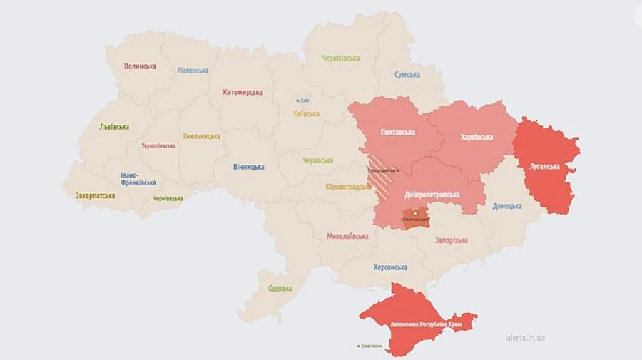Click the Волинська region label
140,66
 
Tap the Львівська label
114,126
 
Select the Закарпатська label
95,195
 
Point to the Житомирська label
242,92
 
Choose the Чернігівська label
340,58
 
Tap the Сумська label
407,74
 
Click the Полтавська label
400,133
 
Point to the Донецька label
506,206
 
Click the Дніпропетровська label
432,195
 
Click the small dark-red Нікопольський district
416,217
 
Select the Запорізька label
452,240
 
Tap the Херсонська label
390,267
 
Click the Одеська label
280,288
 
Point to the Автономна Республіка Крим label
426,324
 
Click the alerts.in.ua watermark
525,338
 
